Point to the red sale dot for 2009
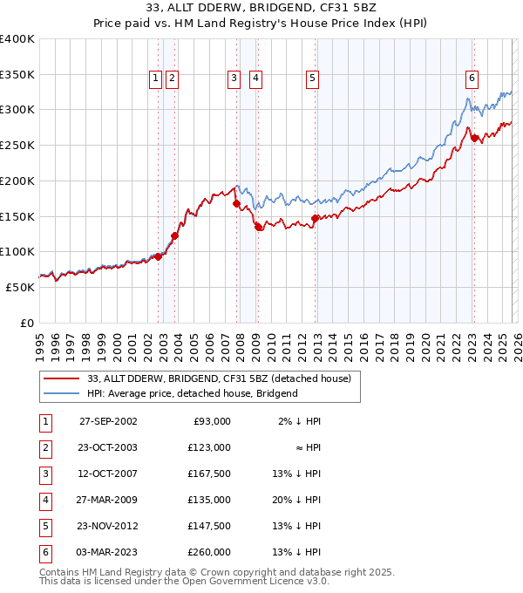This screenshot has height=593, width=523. click(x=258, y=227)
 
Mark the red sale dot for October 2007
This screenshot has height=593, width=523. click(x=236, y=203)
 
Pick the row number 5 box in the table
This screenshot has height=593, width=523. click(x=43, y=526)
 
